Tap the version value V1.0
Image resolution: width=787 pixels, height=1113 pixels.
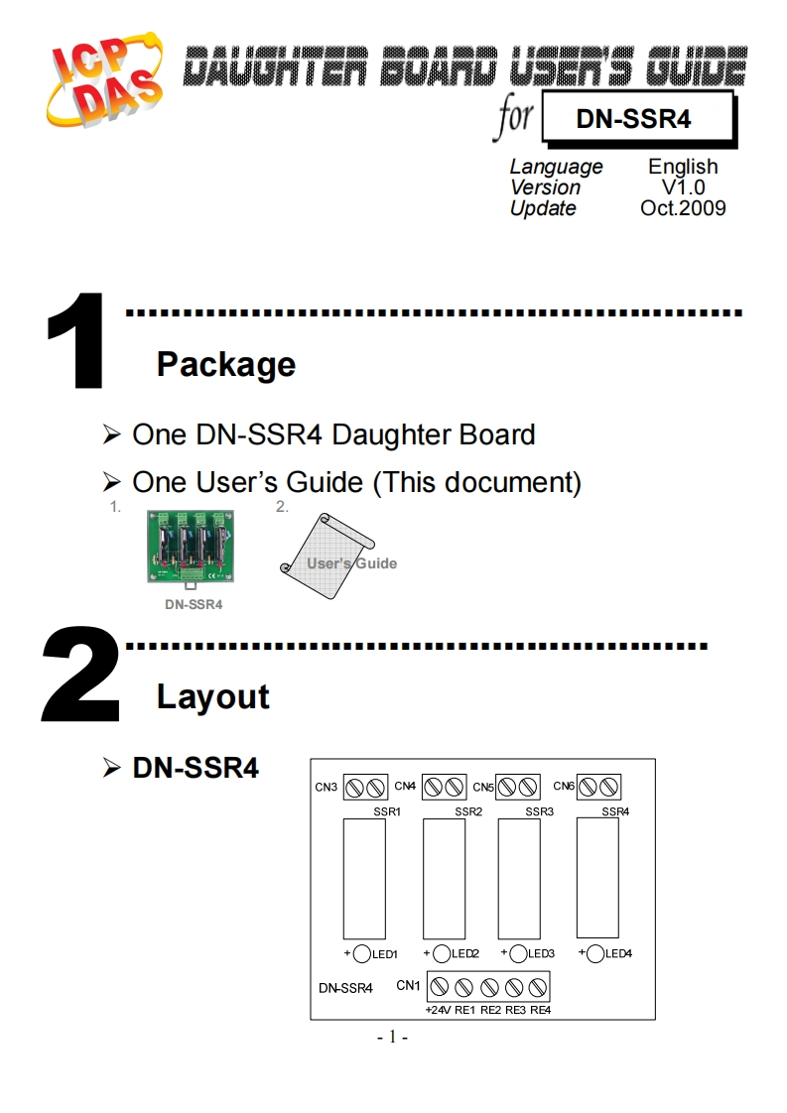(683, 187)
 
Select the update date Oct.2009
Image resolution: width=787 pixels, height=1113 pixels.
(683, 208)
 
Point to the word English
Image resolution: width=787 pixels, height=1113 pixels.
(683, 167)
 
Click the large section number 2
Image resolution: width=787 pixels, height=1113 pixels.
(79, 674)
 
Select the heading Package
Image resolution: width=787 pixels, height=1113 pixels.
(225, 364)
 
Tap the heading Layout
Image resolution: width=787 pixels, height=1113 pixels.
(212, 696)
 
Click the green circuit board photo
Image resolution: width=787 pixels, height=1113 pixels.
(193, 547)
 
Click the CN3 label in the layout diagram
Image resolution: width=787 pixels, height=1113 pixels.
(327, 788)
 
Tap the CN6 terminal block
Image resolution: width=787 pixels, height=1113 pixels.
(598, 787)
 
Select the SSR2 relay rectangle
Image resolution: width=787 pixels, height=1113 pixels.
(444, 879)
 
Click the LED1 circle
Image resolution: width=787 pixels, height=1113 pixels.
(362, 954)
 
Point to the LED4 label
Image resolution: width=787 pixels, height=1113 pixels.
(618, 954)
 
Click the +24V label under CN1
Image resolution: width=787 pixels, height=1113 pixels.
(438, 1010)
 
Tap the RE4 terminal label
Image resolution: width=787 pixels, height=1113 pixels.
(540, 1010)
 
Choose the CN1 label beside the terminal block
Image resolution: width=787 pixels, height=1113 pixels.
(408, 985)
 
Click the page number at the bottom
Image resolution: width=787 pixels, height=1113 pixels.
(393, 1038)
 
